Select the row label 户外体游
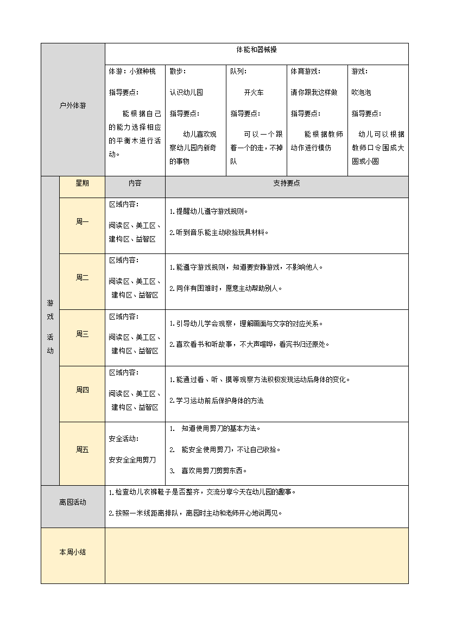tap(72, 106)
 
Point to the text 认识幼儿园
tap(186, 92)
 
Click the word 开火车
tap(254, 92)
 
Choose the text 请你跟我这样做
tap(314, 92)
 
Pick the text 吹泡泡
tap(361, 92)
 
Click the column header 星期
tap(82, 183)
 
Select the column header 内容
tap(135, 183)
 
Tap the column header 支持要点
tap(286, 183)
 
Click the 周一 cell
tap(82, 221)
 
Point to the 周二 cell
tap(82, 277)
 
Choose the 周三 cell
tap(82, 334)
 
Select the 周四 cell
tap(82, 390)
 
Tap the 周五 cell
tap(82, 449)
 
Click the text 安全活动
tap(123, 439)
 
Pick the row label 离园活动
tap(72, 503)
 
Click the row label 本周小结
tap(72, 552)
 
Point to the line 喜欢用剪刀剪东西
tap(213, 471)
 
